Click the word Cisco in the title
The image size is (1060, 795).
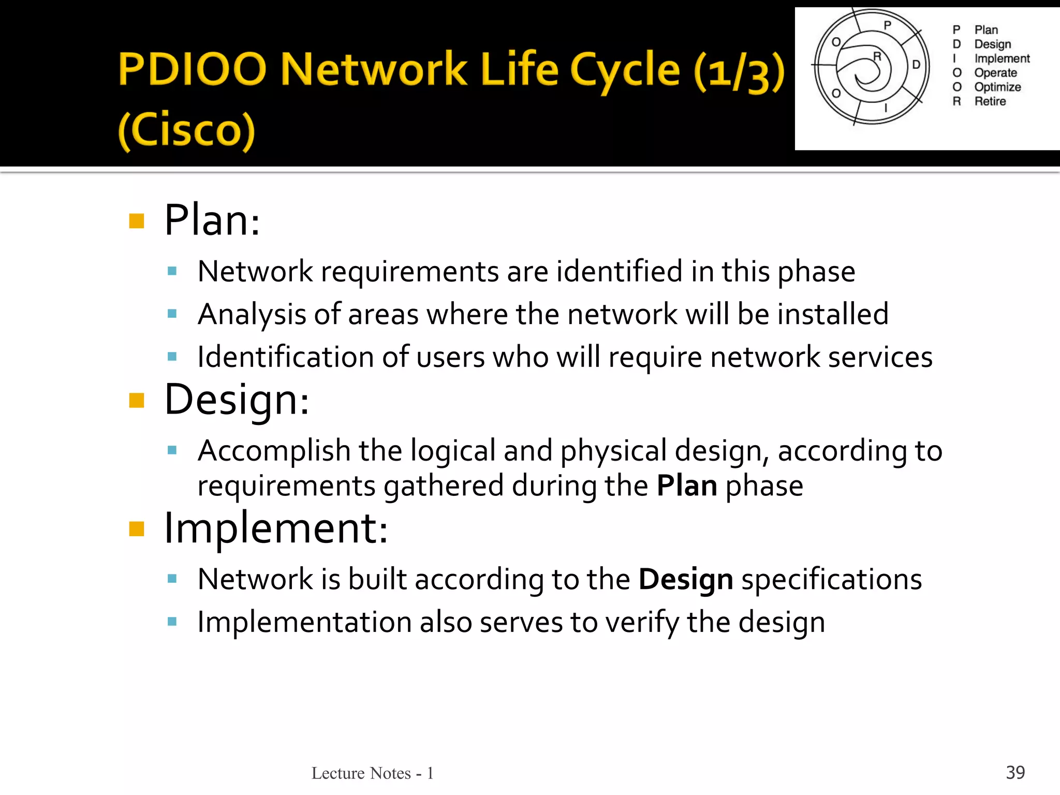tap(187, 130)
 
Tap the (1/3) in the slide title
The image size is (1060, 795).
tap(739, 72)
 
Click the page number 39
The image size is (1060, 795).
tap(1015, 772)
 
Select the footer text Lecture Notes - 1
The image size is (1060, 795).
tap(373, 773)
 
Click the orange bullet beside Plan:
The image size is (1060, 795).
tap(137, 221)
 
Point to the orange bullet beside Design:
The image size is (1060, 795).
tap(137, 401)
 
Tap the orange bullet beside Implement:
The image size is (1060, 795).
tap(137, 529)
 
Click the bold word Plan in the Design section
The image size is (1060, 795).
tap(687, 486)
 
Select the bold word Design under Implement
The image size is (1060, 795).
tap(686, 579)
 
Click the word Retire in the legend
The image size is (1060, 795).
tap(990, 101)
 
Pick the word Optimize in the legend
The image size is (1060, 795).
tap(997, 87)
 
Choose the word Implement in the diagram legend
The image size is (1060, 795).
tap(1002, 58)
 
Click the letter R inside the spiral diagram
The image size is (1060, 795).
tap(877, 56)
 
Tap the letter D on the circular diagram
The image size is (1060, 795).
tap(916, 65)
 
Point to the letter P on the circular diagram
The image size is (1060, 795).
tap(887, 25)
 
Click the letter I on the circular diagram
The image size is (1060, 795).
tap(886, 108)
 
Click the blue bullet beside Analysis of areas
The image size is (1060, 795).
tap(172, 314)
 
